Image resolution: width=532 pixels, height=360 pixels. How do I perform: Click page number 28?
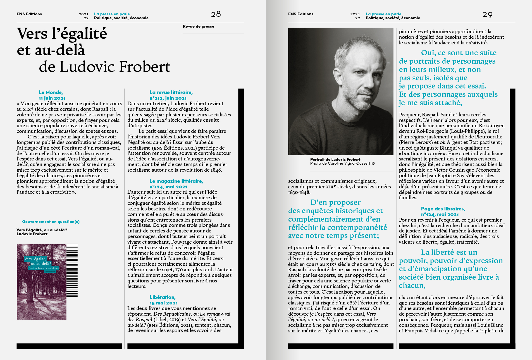pyautogui.click(x=216, y=14)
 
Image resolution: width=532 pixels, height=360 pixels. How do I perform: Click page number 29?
pyautogui.click(x=487, y=15)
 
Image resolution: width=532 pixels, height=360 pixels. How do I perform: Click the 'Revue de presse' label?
pyautogui.click(x=198, y=26)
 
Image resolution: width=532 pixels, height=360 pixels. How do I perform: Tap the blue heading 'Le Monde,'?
pyautogui.click(x=51, y=92)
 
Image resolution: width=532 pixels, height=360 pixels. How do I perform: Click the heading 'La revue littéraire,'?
pyautogui.click(x=171, y=92)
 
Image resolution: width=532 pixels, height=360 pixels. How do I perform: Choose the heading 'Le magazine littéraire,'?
pyautogui.click(x=176, y=181)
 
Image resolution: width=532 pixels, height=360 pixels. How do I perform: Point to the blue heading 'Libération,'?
pyautogui.click(x=162, y=297)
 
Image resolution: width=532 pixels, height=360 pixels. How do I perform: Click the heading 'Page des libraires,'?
pyautogui.click(x=443, y=209)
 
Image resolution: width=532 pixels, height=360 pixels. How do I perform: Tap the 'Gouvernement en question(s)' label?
pyautogui.click(x=51, y=222)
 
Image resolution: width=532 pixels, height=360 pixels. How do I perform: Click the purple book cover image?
pyautogui.click(x=41, y=282)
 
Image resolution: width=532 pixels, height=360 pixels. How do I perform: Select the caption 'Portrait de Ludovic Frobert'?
pyautogui.click(x=335, y=159)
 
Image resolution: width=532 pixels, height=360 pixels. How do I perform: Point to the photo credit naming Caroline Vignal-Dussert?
pyautogui.click(x=342, y=164)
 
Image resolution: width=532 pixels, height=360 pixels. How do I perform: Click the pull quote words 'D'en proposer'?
pyautogui.click(x=335, y=202)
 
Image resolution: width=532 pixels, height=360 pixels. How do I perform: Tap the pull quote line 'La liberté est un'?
pyautogui.click(x=449, y=252)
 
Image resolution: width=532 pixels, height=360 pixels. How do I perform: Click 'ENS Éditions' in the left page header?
pyautogui.click(x=29, y=14)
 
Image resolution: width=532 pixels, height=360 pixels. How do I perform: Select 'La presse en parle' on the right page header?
pyautogui.click(x=383, y=14)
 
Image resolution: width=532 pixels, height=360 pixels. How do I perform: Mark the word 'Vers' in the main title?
pyautogui.click(x=32, y=34)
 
